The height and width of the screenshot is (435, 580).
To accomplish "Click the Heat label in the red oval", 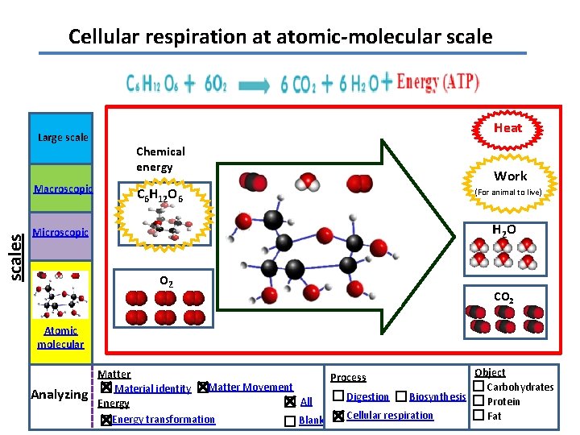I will click(x=507, y=128).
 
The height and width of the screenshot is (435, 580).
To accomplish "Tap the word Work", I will click(x=510, y=176).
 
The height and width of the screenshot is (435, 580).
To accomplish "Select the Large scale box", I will click(x=63, y=137).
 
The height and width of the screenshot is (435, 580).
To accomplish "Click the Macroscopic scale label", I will click(x=63, y=189).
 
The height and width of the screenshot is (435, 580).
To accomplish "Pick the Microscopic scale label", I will click(x=60, y=233).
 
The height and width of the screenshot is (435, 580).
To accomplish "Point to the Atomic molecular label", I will click(x=60, y=337).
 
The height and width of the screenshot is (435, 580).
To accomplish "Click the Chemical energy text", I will click(x=160, y=159).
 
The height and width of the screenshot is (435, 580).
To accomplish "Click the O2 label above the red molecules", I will click(x=164, y=281).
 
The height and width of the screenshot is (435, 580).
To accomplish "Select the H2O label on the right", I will click(x=504, y=230).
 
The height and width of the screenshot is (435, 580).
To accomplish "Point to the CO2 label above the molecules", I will click(x=503, y=297).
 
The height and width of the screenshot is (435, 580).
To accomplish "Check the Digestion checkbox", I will click(x=338, y=396).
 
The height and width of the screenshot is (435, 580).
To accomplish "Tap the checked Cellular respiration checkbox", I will click(x=338, y=416).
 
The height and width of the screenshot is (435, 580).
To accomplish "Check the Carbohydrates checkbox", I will click(x=478, y=387).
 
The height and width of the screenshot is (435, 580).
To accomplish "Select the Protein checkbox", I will click(x=478, y=401).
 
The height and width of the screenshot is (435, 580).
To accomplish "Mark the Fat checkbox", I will click(x=478, y=416).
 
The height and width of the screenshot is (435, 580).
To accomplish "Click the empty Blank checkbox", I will click(x=290, y=420).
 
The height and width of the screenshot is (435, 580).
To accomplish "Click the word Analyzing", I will click(x=59, y=394).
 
